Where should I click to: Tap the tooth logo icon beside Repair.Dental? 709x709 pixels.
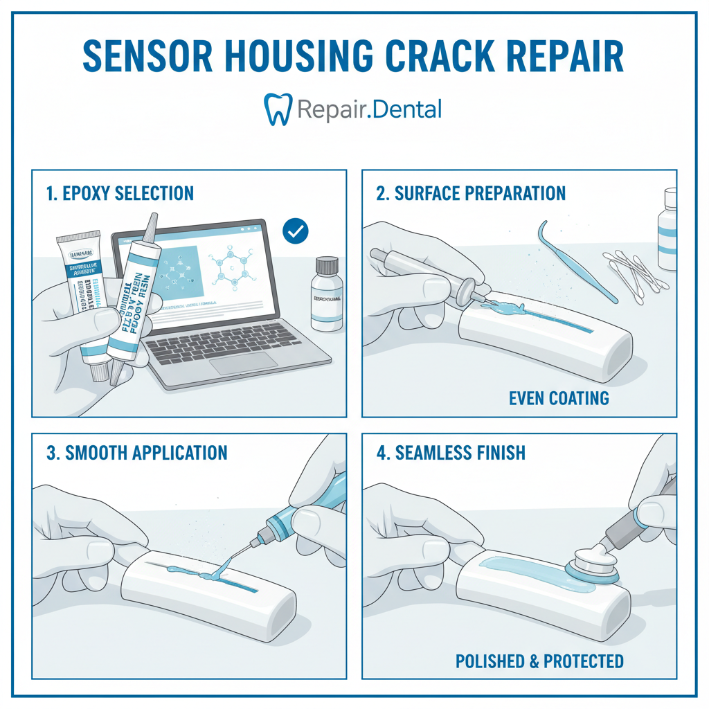point(277,110)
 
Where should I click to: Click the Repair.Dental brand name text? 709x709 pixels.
point(368,109)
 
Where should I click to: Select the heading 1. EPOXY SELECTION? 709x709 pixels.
point(120,193)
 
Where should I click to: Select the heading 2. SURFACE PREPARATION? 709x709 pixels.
point(471,193)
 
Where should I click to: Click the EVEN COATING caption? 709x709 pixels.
point(559,398)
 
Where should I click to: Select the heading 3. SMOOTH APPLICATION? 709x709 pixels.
point(137,453)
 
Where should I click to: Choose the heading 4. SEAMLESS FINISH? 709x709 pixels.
point(451,453)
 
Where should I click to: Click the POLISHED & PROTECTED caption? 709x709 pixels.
point(539,661)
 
